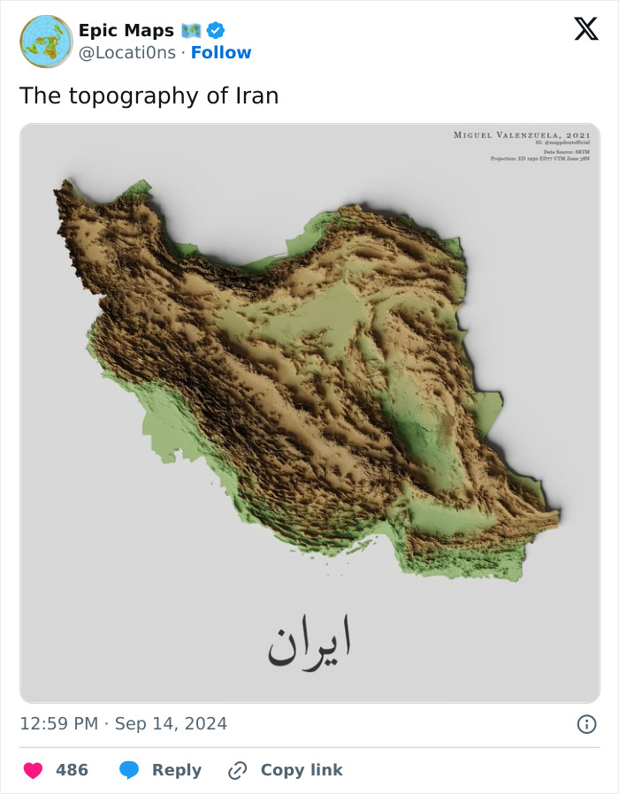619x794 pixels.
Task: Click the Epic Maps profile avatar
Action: click(46, 42)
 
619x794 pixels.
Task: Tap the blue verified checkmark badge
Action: click(215, 31)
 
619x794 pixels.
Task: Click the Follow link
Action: click(221, 53)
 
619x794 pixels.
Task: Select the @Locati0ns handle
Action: click(126, 53)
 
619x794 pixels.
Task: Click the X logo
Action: click(585, 29)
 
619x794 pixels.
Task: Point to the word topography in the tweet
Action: click(130, 96)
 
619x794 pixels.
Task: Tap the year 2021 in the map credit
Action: click(577, 134)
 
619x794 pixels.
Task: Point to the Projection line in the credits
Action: click(539, 158)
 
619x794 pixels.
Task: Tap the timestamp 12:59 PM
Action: click(58, 724)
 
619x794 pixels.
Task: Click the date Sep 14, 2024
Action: click(171, 724)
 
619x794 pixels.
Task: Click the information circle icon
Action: click(585, 724)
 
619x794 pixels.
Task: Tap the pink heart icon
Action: click(33, 770)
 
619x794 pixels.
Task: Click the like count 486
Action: click(72, 770)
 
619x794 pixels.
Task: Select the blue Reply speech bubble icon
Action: click(129, 770)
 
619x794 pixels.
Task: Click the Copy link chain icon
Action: click(237, 770)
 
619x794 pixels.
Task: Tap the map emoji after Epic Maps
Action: click(192, 31)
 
